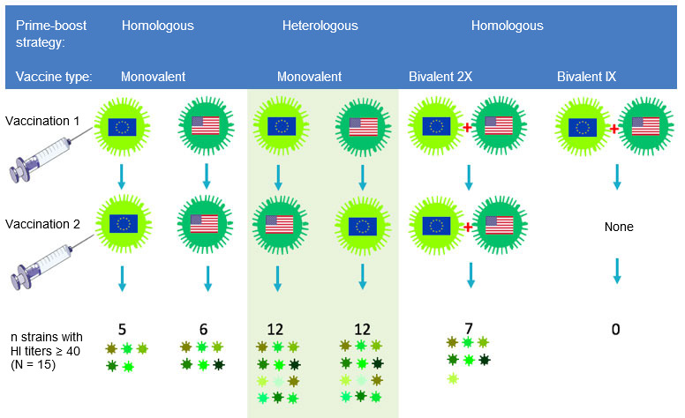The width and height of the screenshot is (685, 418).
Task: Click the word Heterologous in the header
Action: (320, 26)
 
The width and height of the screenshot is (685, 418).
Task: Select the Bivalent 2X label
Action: (440, 77)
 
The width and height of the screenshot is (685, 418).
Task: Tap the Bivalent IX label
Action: (586, 77)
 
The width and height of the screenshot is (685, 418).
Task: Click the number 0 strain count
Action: (615, 330)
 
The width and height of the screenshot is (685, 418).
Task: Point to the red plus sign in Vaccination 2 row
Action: (469, 227)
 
